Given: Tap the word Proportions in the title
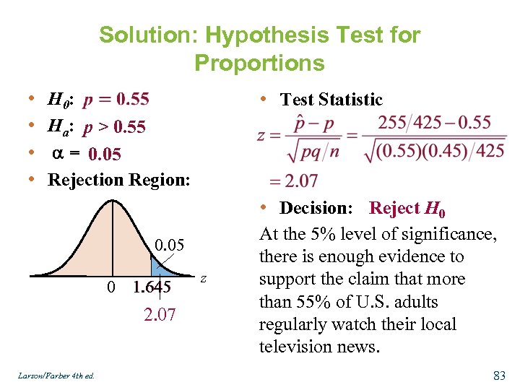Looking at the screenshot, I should [x=259, y=63].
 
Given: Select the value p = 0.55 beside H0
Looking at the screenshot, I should [x=116, y=99].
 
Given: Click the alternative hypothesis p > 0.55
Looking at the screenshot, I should [x=113, y=128].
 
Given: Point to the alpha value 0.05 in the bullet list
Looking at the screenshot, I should [x=105, y=154].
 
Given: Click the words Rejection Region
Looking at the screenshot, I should [x=118, y=179].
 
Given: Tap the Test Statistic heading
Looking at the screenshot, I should [x=331, y=100].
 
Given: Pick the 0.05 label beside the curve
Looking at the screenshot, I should [x=170, y=246].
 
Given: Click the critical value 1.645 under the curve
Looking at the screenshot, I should [x=152, y=287].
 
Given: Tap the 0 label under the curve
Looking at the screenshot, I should [x=110, y=287].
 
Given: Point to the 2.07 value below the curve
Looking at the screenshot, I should [x=159, y=315].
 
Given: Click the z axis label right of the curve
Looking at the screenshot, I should [x=204, y=278].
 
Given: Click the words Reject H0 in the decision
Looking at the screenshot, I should [x=407, y=209].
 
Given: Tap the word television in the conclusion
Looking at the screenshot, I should [x=299, y=347].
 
